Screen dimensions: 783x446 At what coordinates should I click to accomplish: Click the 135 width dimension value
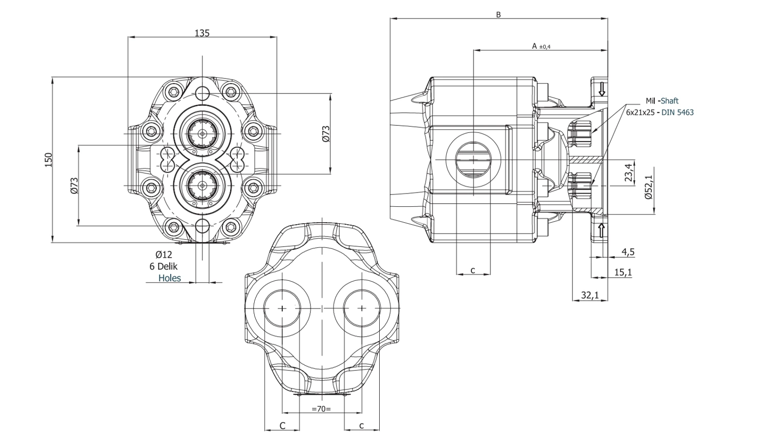tap(202, 33)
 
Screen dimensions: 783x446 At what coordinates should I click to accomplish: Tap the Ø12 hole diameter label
tap(164, 255)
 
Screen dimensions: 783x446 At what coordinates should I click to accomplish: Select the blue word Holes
tap(170, 278)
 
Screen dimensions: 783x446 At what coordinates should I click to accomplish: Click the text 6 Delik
tap(163, 266)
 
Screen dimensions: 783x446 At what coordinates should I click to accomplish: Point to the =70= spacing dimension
tap(321, 409)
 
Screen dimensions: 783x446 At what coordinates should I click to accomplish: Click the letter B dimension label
tap(499, 15)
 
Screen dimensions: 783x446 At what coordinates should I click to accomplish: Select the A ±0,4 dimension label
tap(541, 46)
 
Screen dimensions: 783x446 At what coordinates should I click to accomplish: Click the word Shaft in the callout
tap(669, 101)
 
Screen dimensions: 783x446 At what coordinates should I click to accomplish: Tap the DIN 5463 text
tap(677, 112)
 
